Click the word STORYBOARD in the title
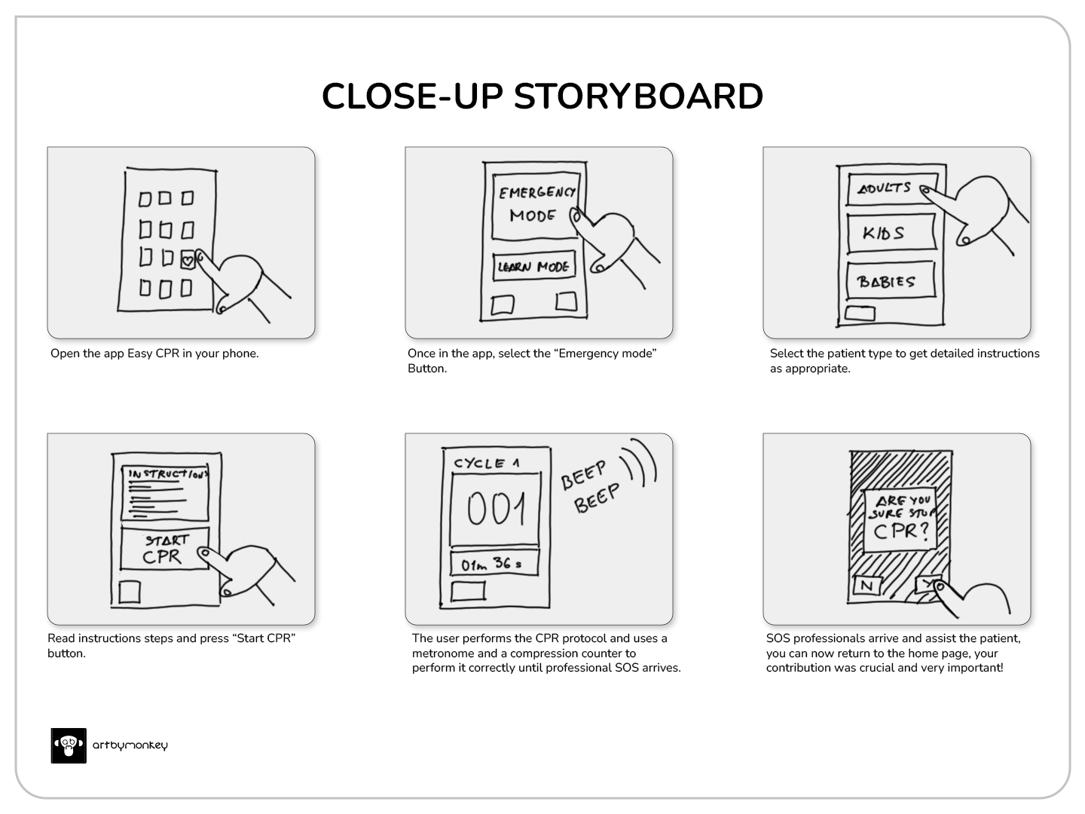click(638, 96)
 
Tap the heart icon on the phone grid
click(188, 260)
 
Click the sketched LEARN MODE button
click(534, 266)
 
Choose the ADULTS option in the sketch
click(892, 188)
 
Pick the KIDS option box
click(891, 233)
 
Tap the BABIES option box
click(891, 280)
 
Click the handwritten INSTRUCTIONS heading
click(168, 474)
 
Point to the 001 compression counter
click(495, 509)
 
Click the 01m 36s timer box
click(494, 564)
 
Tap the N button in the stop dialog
click(867, 585)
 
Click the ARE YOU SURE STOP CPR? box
click(900, 520)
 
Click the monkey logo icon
click(69, 745)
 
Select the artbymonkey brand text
click(130, 745)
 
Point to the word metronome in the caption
click(443, 653)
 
